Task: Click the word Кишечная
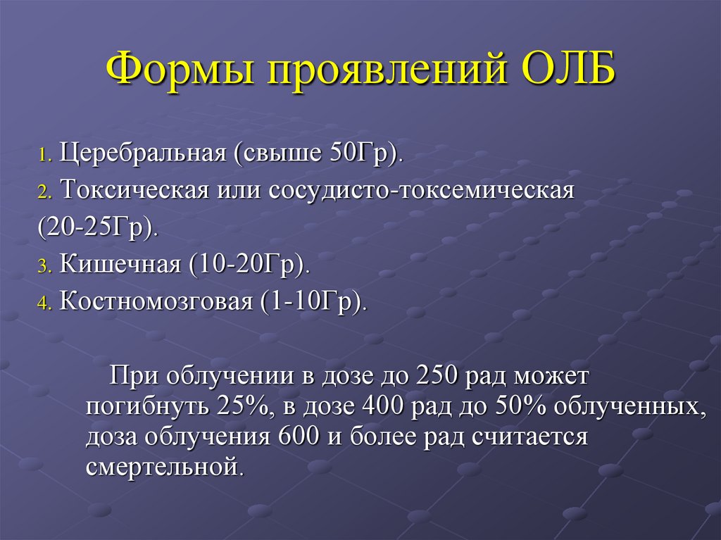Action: pyautogui.click(x=121, y=265)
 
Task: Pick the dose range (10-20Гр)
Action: pyautogui.click(x=249, y=265)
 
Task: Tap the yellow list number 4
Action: pyautogui.click(x=44, y=305)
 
